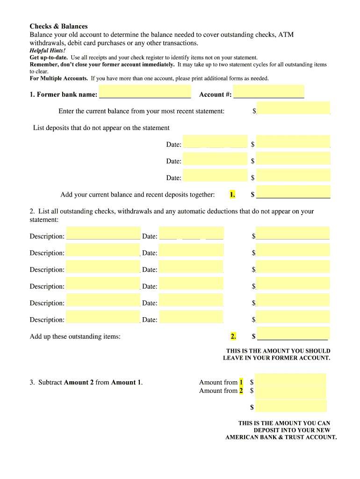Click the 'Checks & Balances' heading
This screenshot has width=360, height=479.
tap(58, 26)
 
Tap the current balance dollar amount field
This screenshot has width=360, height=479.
tap(293, 108)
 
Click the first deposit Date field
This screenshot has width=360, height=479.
tap(215, 142)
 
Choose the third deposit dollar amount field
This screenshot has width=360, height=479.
tap(293, 175)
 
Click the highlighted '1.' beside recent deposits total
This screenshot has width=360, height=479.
tap(232, 195)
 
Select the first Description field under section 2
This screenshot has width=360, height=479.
tap(103, 233)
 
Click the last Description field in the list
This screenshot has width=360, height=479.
tap(103, 317)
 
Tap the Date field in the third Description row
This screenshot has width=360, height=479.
tap(191, 267)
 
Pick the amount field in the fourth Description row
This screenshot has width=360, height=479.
tap(293, 283)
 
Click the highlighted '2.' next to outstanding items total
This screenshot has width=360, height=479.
tap(233, 336)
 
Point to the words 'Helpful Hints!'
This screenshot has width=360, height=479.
tap(48, 51)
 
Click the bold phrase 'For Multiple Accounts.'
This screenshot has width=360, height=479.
tap(59, 79)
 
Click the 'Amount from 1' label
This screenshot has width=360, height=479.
tap(218, 382)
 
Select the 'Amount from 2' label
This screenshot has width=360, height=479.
tap(218, 391)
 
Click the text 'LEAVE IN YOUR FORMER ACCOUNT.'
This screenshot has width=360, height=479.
tap(276, 358)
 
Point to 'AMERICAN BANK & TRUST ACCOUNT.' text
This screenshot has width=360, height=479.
tap(281, 437)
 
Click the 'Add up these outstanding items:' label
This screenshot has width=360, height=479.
tap(75, 336)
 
